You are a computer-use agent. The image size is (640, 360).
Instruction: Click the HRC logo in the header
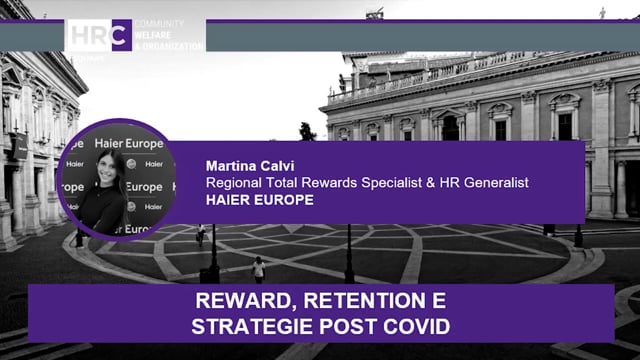99,36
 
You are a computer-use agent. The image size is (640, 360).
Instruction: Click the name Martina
231,165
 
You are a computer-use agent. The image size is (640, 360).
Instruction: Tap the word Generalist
491,182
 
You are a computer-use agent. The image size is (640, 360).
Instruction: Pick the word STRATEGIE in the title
244,325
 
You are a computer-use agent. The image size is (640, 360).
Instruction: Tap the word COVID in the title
413,325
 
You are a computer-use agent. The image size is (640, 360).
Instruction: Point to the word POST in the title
338,325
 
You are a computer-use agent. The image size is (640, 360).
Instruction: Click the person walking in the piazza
259,268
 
